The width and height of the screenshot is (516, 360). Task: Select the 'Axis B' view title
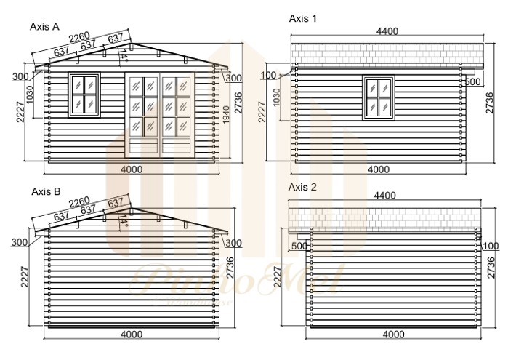(46, 192)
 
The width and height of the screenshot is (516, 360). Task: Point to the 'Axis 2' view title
(303, 187)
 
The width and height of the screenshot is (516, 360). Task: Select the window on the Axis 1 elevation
(379, 97)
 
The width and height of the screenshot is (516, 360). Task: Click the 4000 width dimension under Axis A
(131, 169)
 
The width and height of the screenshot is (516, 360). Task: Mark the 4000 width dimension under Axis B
(131, 334)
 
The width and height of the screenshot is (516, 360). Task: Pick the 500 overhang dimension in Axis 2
(299, 246)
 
